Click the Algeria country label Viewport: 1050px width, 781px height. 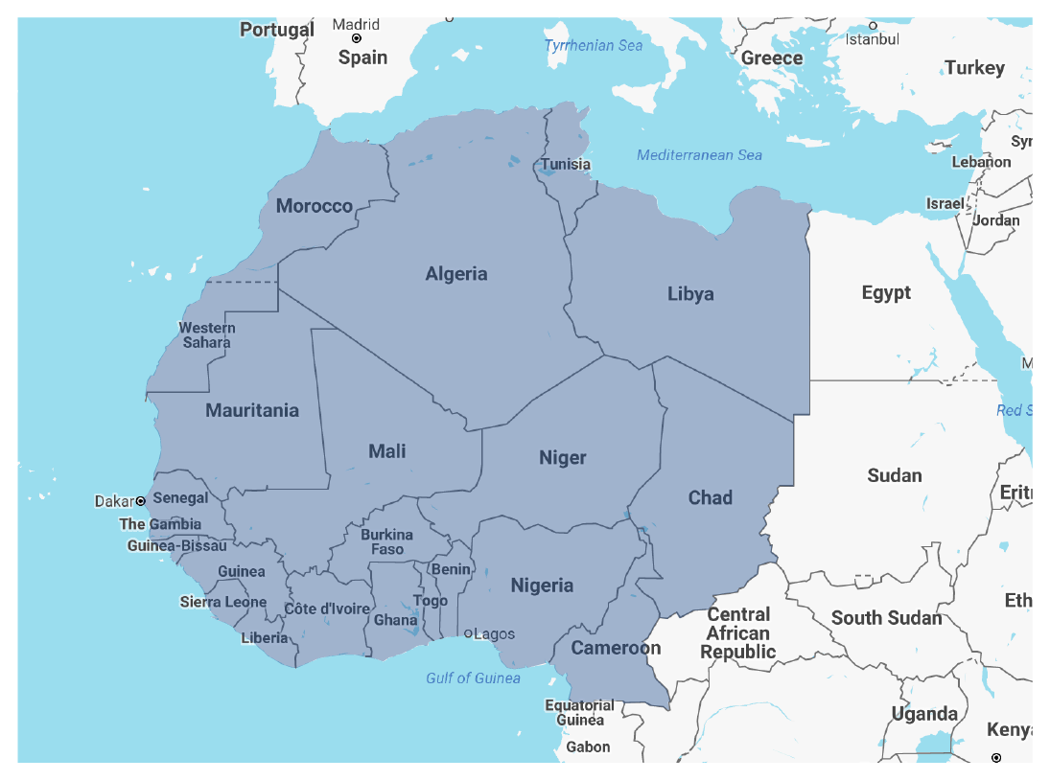456,274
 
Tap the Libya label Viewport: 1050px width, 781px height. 690,294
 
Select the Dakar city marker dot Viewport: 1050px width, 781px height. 141,501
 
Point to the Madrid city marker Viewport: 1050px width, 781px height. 357,38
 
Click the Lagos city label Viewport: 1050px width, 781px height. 493,633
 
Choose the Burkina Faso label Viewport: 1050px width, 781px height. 387,542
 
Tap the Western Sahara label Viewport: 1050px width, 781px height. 206,335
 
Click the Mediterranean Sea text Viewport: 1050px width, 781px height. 699,155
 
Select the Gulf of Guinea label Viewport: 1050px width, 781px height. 473,678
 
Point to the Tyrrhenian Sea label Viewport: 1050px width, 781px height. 593,46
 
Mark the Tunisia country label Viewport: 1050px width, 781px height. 565,165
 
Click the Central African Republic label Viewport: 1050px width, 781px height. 737,632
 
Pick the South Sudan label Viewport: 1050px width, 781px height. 886,618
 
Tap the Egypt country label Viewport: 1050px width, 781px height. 885,293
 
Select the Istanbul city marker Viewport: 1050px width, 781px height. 873,25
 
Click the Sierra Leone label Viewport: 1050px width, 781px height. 223,602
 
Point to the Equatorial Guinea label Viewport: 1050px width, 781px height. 579,712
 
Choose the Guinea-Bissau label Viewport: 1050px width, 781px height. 177,546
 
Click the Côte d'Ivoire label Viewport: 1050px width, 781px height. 326,609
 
